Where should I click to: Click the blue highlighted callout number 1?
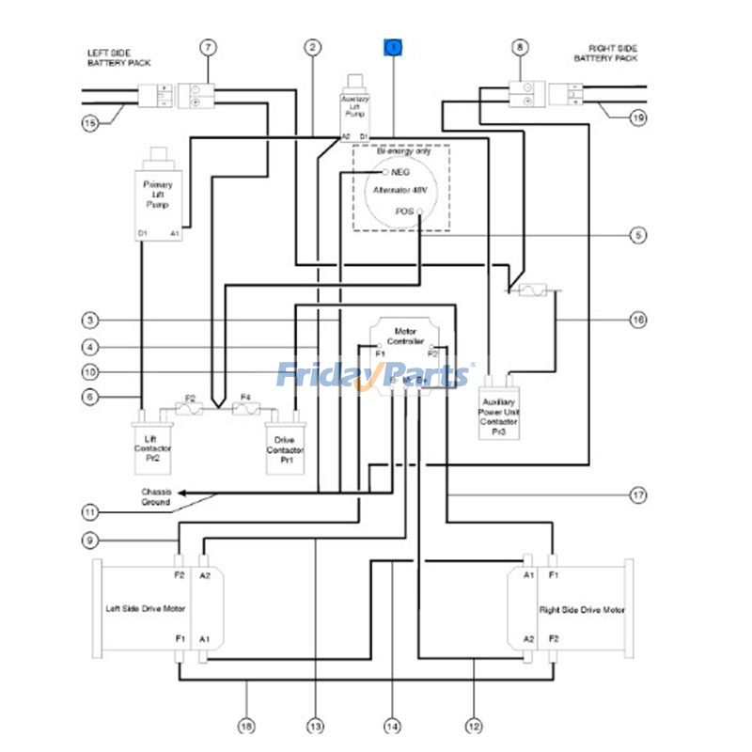[x=392, y=46]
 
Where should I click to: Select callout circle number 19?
[x=638, y=118]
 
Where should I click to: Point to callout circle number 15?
[x=89, y=122]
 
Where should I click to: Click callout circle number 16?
[x=638, y=320]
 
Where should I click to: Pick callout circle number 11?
[x=89, y=512]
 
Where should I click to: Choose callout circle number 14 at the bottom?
[x=392, y=726]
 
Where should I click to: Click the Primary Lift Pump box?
[x=159, y=195]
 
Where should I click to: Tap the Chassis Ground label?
[x=156, y=496]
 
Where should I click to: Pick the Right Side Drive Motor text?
[x=582, y=610]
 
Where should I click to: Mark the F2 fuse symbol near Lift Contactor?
[x=191, y=409]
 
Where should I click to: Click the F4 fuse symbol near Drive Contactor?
[x=245, y=409]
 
